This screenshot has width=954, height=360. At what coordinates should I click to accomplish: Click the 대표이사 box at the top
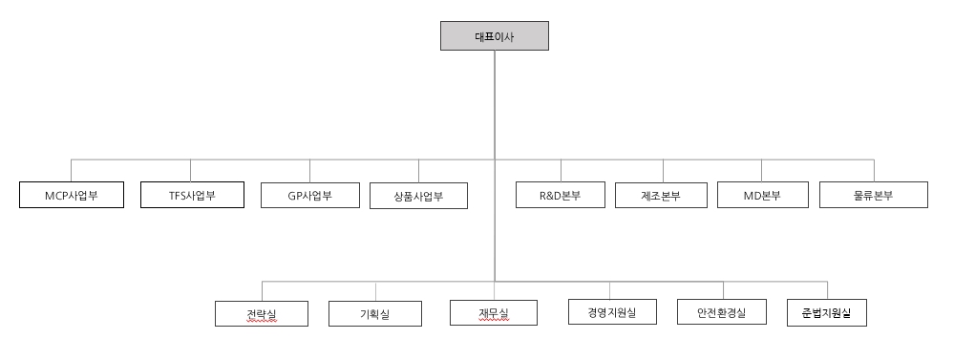(x=494, y=37)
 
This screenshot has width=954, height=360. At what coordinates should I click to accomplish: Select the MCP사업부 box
(x=71, y=196)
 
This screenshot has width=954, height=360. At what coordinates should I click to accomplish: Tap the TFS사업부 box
(x=191, y=196)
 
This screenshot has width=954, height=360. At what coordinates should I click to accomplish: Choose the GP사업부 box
(x=309, y=196)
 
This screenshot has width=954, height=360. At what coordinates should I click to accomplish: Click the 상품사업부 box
(x=418, y=197)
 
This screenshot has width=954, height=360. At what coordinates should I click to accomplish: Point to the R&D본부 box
(x=561, y=196)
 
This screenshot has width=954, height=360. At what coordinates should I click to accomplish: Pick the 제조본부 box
(x=661, y=196)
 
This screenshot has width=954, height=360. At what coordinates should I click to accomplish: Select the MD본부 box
(x=762, y=196)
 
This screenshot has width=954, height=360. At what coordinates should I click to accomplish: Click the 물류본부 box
(x=874, y=196)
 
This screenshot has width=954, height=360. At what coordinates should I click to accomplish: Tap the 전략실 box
(x=261, y=313)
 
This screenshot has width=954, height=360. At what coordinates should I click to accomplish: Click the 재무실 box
(x=494, y=313)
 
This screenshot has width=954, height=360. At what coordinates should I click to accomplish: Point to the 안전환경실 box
(x=722, y=312)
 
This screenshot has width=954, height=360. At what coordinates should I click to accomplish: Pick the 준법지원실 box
(x=827, y=313)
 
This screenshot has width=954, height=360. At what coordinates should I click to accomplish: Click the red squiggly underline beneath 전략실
(x=260, y=322)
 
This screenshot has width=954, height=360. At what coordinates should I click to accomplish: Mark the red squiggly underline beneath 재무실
(x=494, y=322)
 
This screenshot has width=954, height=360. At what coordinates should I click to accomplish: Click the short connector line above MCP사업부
(x=71, y=170)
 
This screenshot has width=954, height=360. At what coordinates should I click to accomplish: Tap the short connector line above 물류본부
(x=874, y=170)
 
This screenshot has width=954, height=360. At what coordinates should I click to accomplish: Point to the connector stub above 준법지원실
(x=827, y=290)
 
